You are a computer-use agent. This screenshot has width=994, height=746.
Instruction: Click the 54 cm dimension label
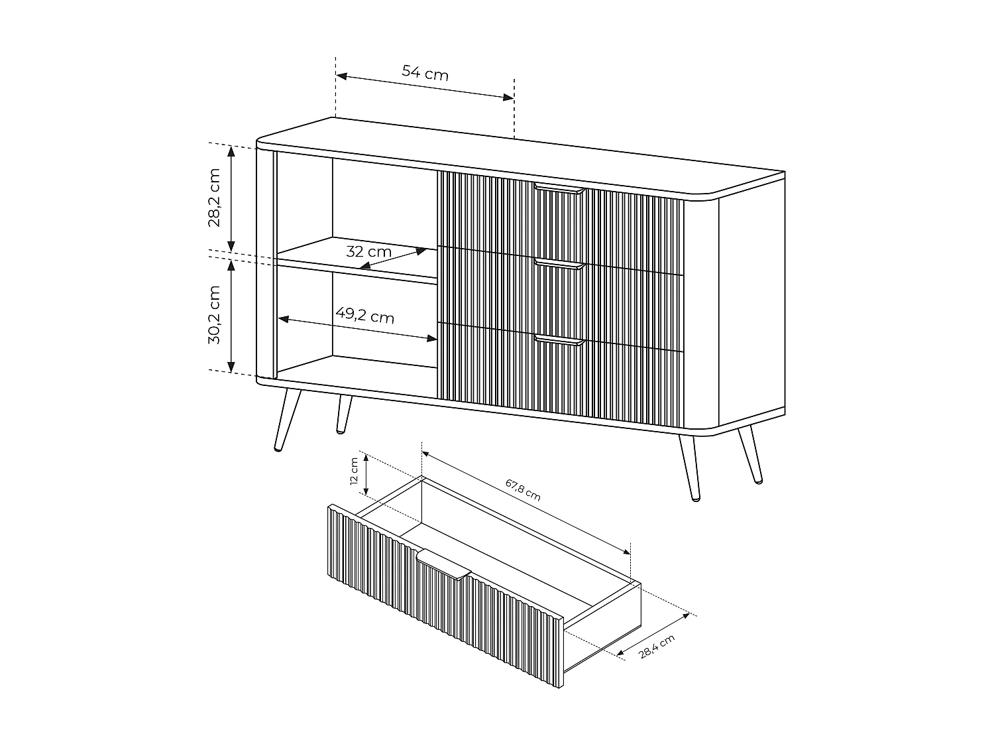[425, 73]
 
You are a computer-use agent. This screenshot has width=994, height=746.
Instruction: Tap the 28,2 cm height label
[215, 198]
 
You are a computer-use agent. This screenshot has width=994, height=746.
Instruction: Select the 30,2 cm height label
[214, 315]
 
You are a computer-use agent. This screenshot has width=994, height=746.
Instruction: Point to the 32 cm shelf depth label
[368, 252]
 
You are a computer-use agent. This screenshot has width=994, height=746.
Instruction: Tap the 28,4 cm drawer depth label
[657, 647]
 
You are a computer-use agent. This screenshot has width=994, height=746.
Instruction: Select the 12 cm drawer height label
[354, 474]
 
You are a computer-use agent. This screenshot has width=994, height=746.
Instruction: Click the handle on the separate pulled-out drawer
[444, 562]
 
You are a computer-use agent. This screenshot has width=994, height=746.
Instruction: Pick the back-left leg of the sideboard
[343, 414]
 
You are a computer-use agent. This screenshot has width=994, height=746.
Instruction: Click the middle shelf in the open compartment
[358, 262]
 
